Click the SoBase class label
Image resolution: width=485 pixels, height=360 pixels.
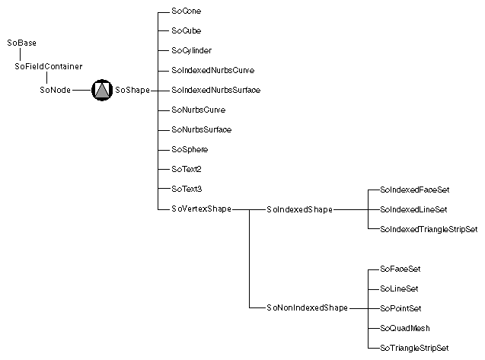click(21, 43)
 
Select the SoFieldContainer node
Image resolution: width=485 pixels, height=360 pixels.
click(49, 66)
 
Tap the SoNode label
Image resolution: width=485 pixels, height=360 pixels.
click(55, 90)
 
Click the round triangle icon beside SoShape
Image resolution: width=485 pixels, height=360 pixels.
click(101, 90)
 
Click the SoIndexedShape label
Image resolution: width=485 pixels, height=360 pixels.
click(299, 209)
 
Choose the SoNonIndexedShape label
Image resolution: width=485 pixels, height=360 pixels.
click(306, 308)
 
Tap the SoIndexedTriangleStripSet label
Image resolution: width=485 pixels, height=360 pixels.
click(428, 228)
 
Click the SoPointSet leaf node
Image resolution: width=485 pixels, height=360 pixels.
click(400, 308)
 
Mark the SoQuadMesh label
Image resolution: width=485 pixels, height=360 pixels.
click(404, 328)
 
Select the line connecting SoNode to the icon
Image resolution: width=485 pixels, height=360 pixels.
click(81, 91)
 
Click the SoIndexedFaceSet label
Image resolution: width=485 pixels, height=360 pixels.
click(410, 189)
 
